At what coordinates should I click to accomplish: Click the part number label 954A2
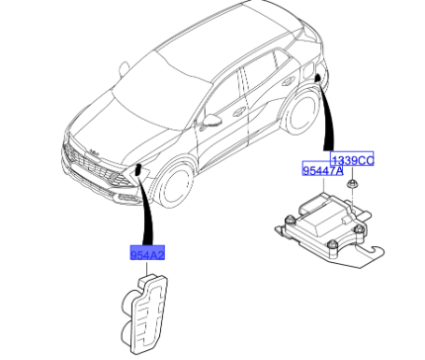coord(147,252)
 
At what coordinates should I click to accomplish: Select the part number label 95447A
coord(323,169)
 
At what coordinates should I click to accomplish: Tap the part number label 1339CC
coord(352,159)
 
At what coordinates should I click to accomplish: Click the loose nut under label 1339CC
coord(353,184)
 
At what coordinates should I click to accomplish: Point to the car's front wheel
coord(176,187)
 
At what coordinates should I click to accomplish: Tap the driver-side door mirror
coord(211,120)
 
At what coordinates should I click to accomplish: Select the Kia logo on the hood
coord(94,152)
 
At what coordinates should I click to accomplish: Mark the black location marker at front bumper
coord(138,169)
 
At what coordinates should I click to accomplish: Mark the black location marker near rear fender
coord(318,78)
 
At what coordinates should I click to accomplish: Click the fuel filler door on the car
coord(308,70)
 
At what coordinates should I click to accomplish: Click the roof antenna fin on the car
coord(124,68)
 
